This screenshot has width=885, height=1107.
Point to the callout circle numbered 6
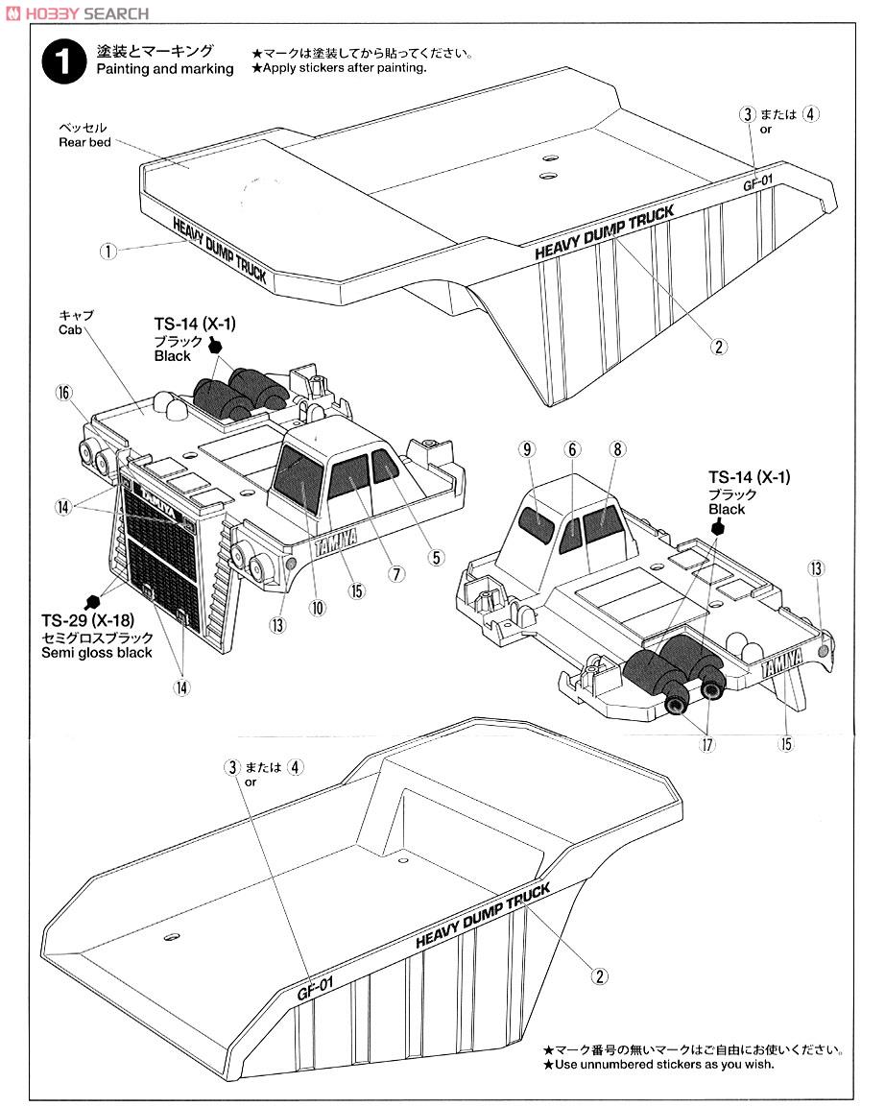572,448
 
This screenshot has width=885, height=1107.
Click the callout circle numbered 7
394,573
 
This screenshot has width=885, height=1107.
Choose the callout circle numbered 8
616,448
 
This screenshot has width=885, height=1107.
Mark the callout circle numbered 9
527,448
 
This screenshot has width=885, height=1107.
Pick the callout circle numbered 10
318,607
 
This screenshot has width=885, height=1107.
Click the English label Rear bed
84,142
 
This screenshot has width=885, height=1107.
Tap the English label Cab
70,328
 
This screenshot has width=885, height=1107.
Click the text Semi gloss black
97,653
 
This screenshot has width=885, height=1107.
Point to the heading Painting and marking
164,69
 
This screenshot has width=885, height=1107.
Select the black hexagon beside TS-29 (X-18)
93,601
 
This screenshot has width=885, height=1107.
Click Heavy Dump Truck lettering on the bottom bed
483,917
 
